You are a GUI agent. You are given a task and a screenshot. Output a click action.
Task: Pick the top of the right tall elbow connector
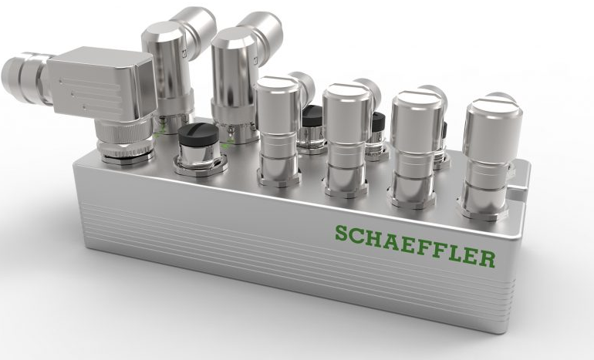coord(236,38)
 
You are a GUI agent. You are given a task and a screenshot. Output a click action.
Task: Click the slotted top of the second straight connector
coord(347,93)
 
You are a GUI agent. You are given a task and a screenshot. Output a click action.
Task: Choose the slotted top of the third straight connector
coord(417,100)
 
